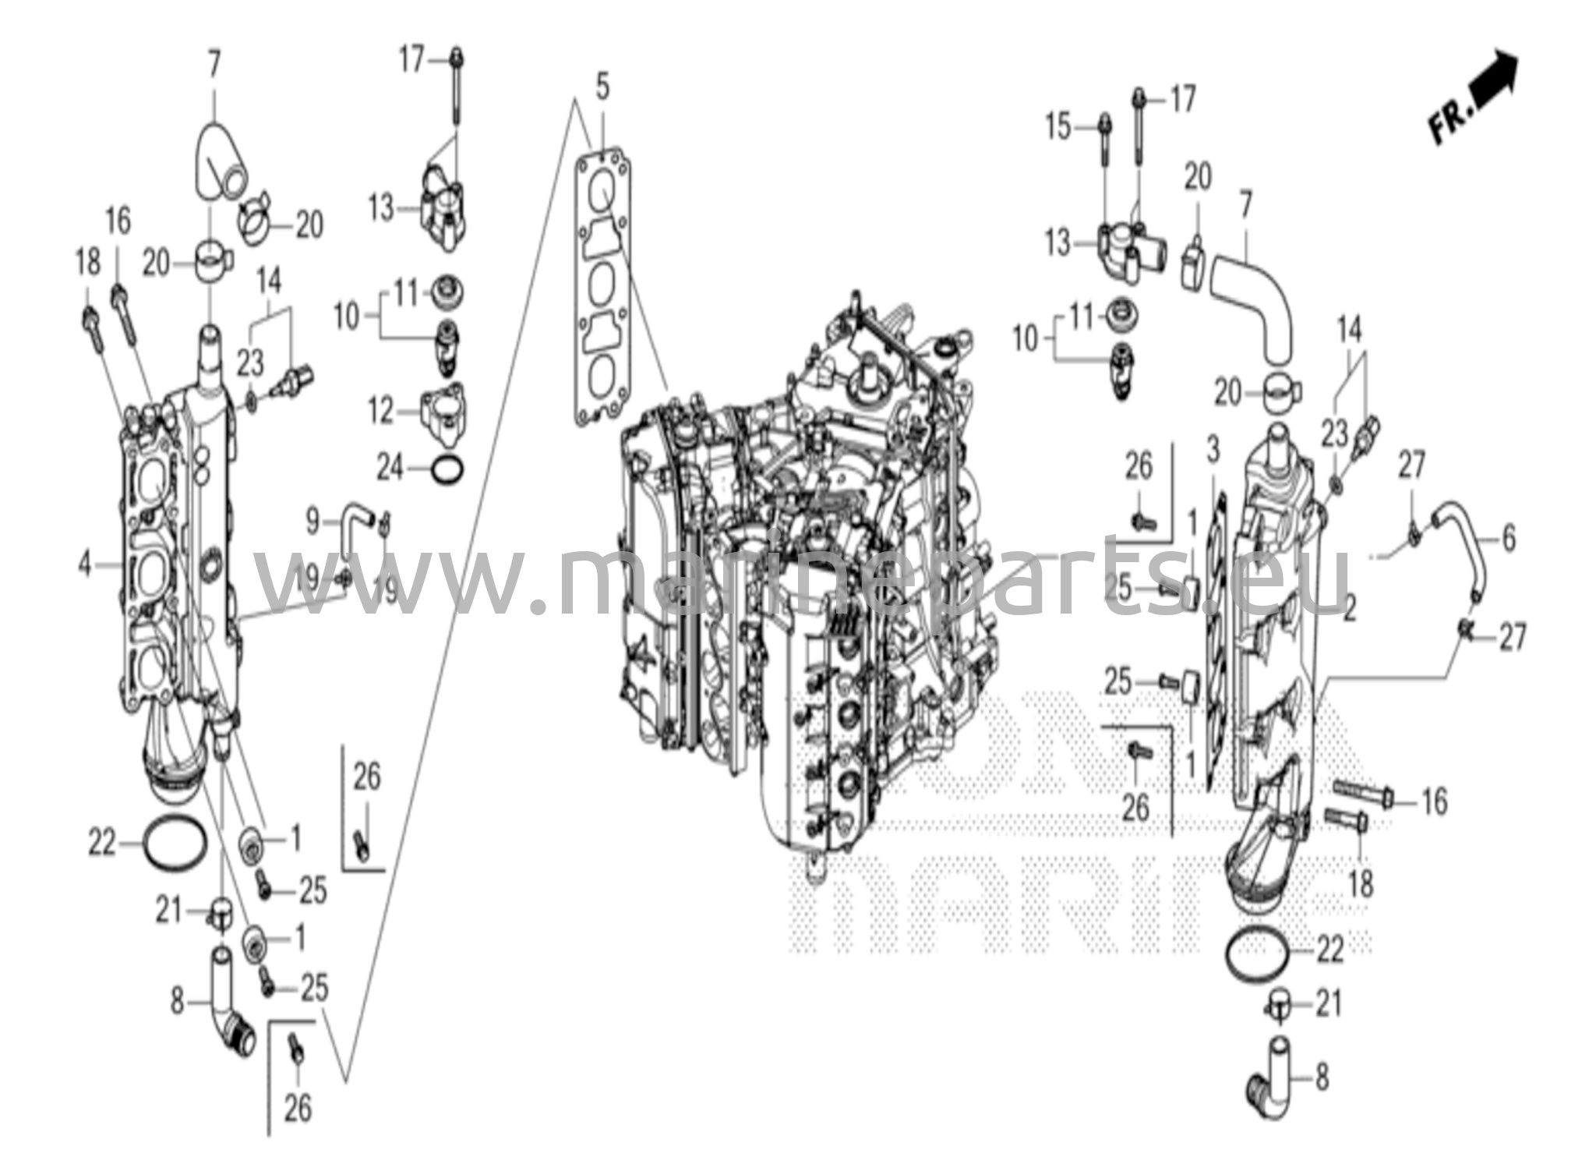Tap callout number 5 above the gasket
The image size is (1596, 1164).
pos(602,87)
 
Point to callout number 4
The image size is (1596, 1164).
pos(87,563)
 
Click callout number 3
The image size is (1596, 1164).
pos(1213,450)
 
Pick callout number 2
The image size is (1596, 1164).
pos(1350,608)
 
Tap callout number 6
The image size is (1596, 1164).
pos(1509,537)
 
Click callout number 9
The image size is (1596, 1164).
pos(312,521)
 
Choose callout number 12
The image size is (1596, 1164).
pos(382,411)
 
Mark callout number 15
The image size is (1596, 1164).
pos(1058,126)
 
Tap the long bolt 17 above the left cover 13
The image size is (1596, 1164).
pos(456,86)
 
